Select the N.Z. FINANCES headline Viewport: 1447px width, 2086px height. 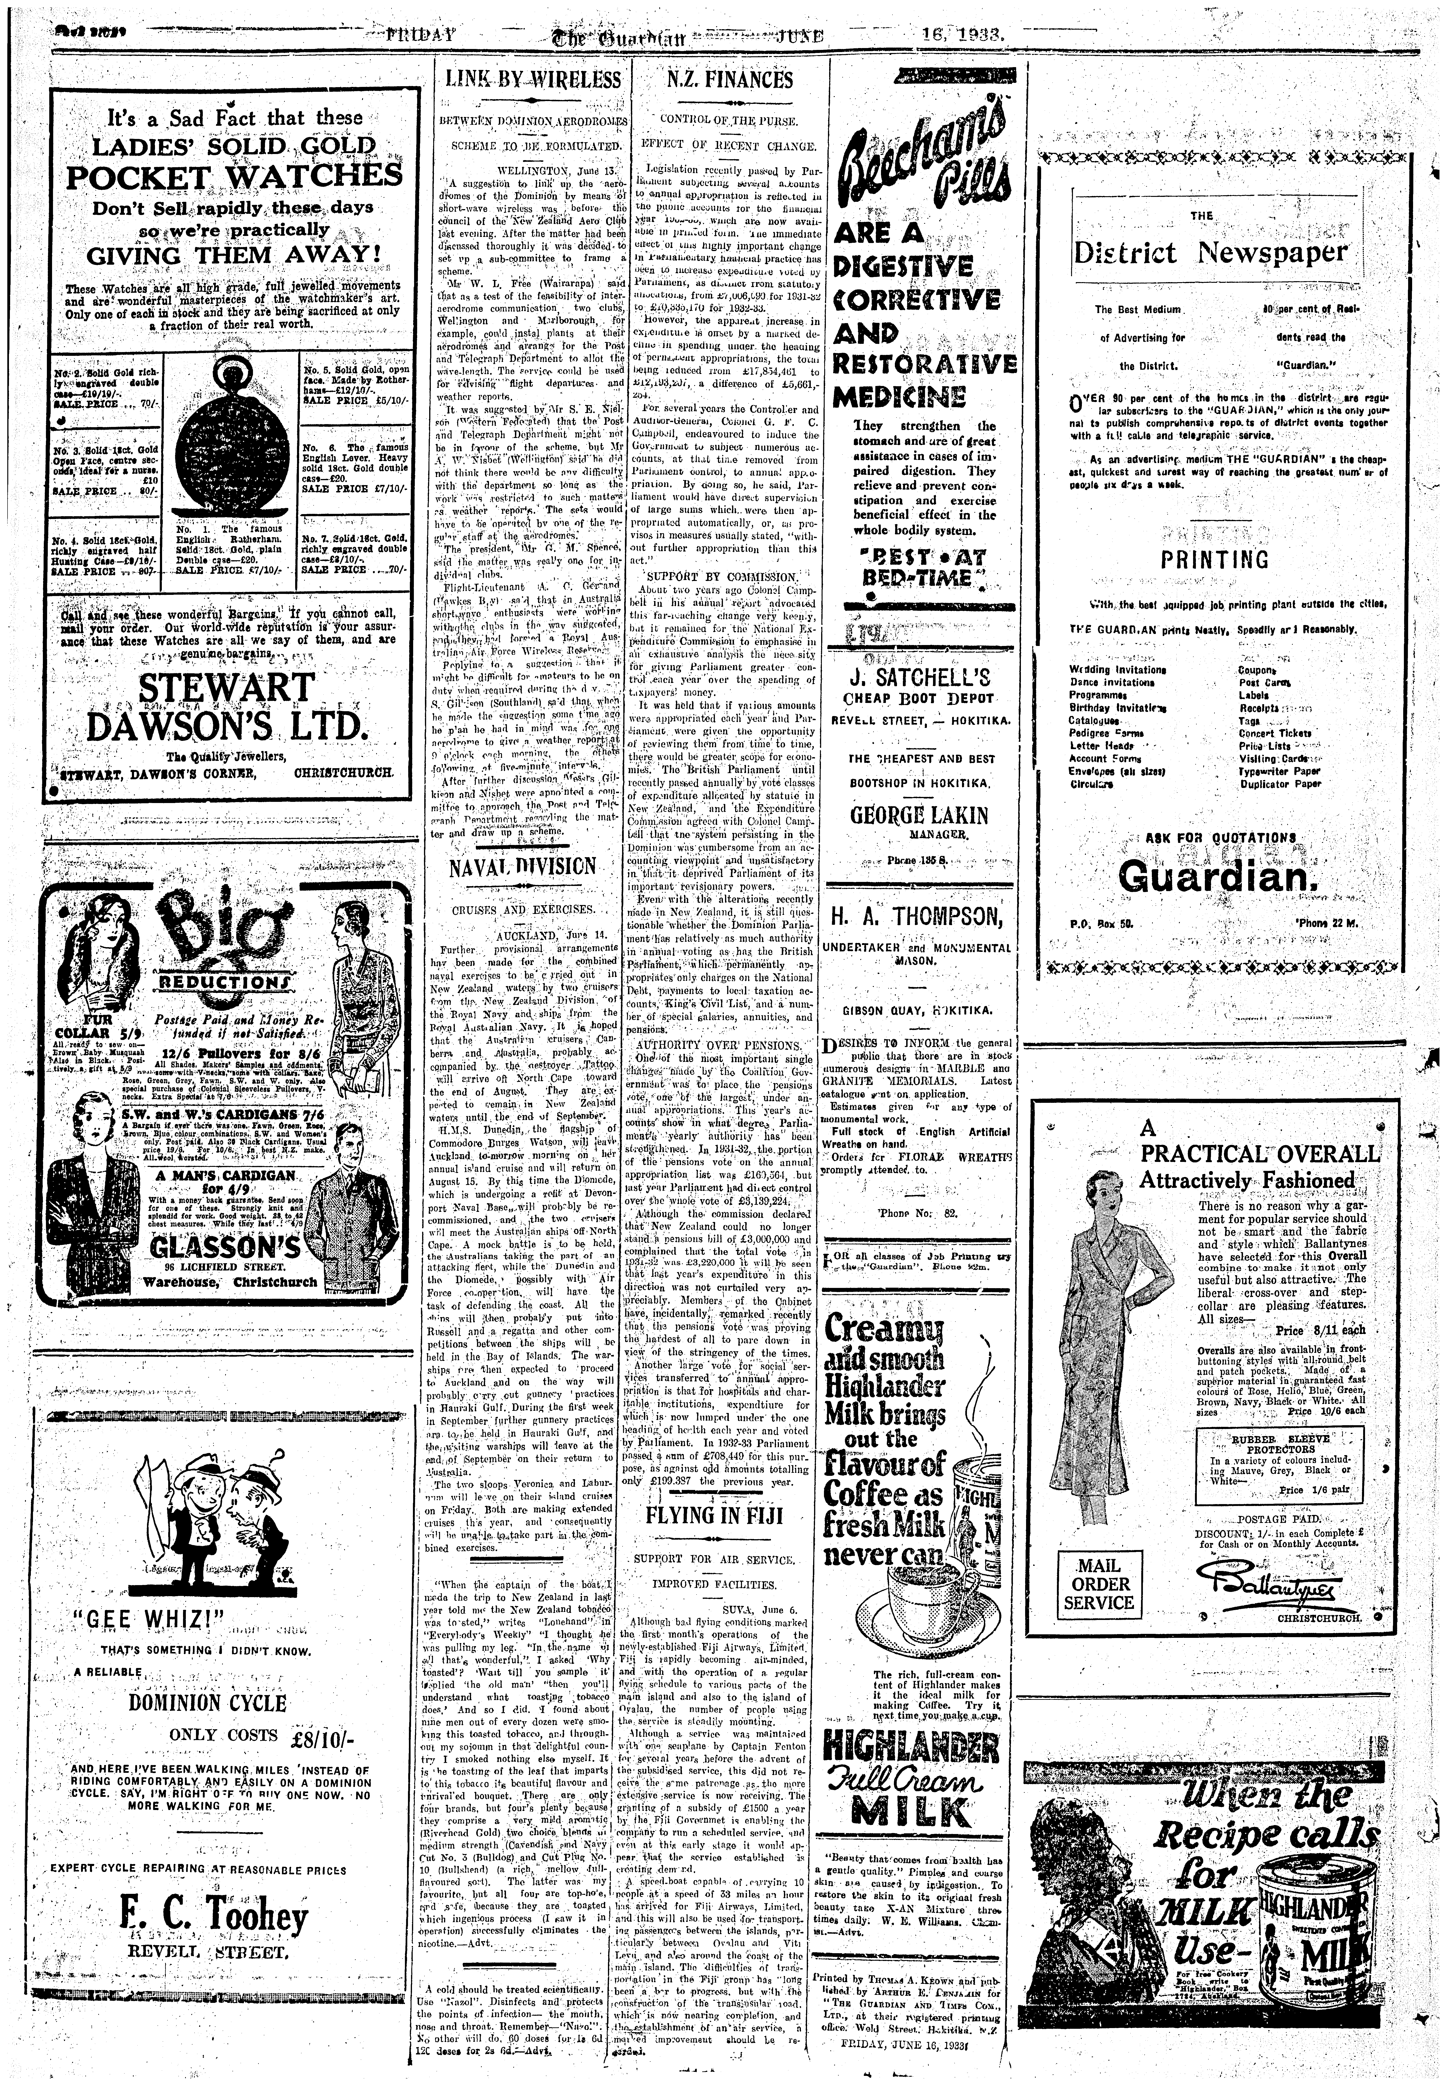point(729,80)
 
